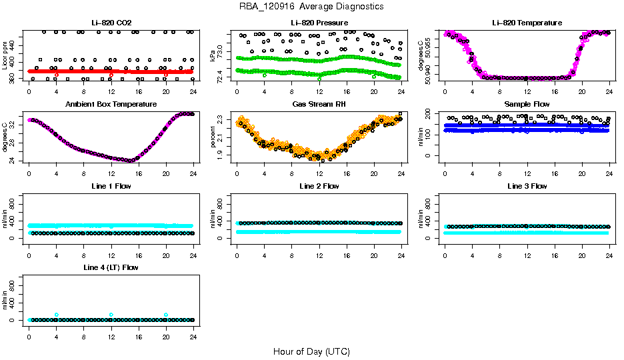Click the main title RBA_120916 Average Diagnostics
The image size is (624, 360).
311,7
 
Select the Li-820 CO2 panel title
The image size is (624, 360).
111,23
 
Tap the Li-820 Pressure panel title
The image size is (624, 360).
319,23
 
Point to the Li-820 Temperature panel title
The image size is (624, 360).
527,23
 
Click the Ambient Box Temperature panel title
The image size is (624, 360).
111,105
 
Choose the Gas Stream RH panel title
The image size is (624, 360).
319,105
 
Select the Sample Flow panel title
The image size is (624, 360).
527,105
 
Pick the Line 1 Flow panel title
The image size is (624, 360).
111,186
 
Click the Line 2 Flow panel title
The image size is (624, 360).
319,186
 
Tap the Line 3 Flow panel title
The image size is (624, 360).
527,186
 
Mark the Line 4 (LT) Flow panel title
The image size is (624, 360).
111,267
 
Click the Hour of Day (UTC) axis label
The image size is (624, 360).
311,351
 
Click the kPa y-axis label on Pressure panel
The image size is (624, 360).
213,56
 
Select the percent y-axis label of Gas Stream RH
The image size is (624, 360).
213,137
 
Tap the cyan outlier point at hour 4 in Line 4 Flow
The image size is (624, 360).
57,315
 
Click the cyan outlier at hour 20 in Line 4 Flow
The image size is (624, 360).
166,315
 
